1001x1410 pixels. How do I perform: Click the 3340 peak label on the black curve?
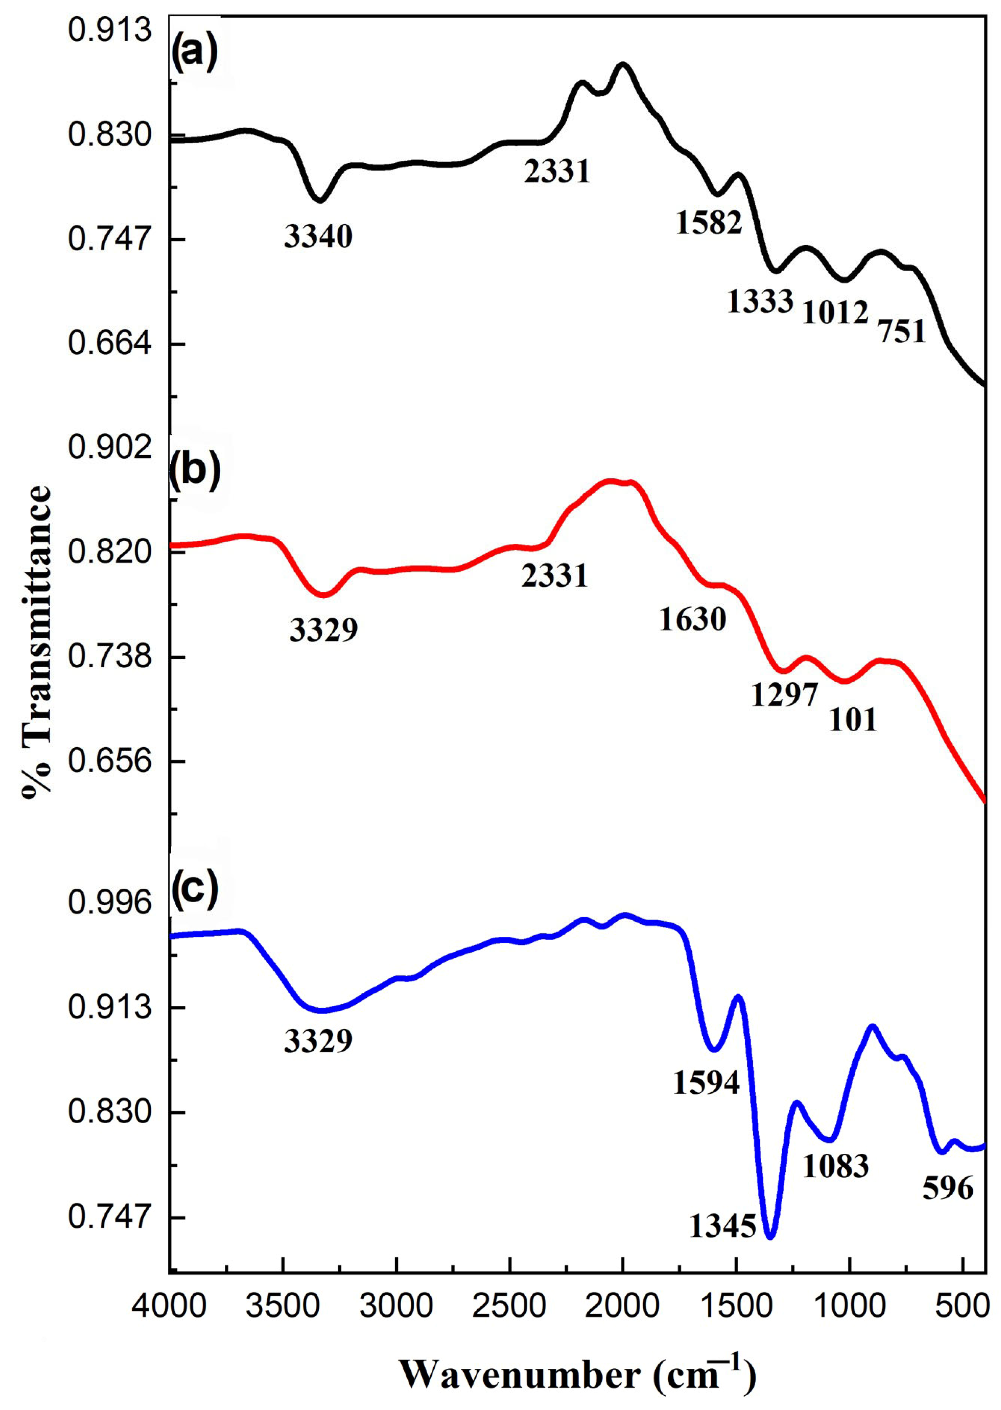[x=318, y=237]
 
